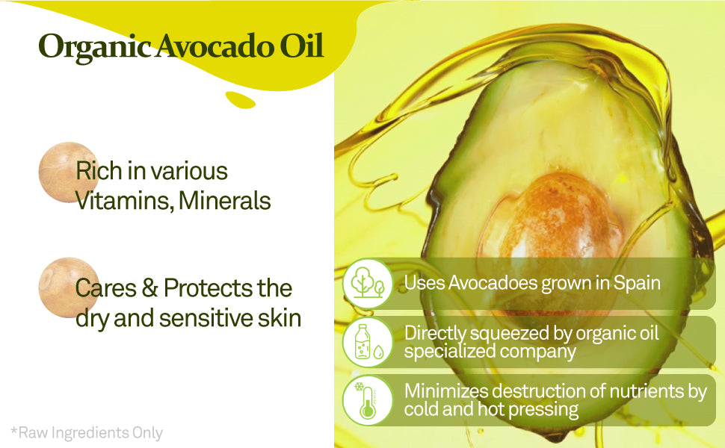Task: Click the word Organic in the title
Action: [94, 48]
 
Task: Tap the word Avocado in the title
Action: [214, 46]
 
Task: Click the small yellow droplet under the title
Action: [241, 100]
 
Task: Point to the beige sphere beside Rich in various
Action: [68, 172]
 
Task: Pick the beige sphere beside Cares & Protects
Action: [68, 287]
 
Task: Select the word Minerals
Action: [225, 200]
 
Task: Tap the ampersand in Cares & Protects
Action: [149, 287]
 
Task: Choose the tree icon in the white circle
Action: [368, 283]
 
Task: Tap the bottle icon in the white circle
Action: [368, 342]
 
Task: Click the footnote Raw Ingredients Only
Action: [87, 433]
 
